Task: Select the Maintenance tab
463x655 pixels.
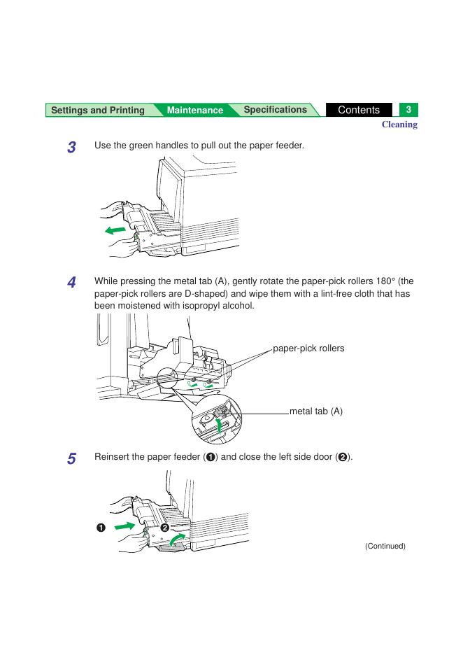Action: click(195, 111)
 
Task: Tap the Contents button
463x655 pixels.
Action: click(358, 110)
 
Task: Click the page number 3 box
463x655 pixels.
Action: click(408, 110)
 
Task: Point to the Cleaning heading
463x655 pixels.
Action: click(399, 125)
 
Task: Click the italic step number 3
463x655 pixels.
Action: click(71, 148)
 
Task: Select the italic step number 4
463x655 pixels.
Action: click(71, 283)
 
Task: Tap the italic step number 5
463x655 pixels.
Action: click(71, 459)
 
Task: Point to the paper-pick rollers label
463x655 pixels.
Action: click(308, 348)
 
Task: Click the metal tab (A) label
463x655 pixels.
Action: click(316, 412)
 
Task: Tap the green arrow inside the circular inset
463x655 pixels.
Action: click(222, 425)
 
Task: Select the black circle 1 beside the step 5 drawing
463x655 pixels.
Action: click(101, 527)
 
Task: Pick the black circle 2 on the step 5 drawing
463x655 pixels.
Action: click(166, 527)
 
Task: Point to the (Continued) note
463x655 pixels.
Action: click(385, 546)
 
